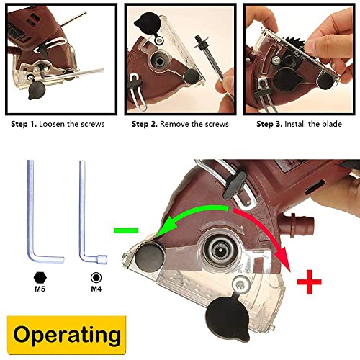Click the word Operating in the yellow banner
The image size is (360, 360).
click(65, 335)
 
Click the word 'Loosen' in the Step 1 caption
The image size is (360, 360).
click(61, 124)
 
